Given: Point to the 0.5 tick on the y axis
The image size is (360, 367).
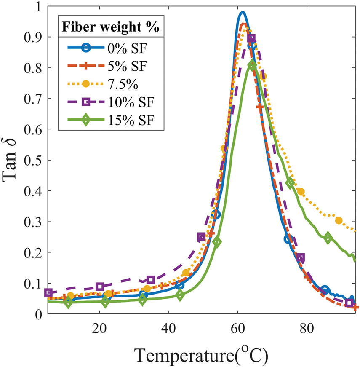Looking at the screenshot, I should tap(32, 160).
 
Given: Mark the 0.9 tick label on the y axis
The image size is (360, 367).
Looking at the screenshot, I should tap(32, 37).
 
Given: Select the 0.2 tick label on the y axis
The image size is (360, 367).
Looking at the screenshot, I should tap(32, 252).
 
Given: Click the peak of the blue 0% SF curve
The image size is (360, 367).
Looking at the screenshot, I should tap(242, 12).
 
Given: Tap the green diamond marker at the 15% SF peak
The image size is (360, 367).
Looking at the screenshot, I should tap(252, 65).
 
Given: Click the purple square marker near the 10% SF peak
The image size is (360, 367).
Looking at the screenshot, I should tap(251, 38).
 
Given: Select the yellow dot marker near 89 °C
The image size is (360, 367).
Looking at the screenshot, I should tap(339, 220).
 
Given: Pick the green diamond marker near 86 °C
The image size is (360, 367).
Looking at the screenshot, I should tap(328, 238).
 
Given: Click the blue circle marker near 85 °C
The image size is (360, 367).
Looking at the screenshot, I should tap(325, 289).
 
